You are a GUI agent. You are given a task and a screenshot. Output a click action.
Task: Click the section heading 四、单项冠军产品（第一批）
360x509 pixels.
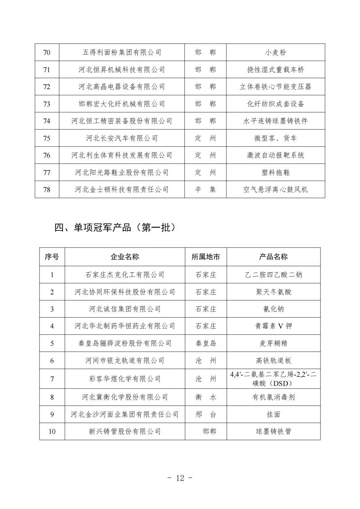click(x=115, y=228)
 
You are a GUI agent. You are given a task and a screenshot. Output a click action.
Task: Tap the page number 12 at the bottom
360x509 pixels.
click(x=180, y=478)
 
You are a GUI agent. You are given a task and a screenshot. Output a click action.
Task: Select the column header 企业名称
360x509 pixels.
click(x=125, y=257)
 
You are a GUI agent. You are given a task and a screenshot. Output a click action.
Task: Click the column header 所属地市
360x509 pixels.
click(x=206, y=257)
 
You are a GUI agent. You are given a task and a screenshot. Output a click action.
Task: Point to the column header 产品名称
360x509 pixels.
click(x=273, y=257)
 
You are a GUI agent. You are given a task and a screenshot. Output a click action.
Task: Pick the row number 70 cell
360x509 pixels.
click(x=47, y=53)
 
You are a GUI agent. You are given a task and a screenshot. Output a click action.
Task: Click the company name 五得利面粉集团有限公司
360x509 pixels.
click(x=122, y=53)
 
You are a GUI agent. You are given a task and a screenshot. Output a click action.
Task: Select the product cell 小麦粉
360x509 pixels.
click(x=275, y=53)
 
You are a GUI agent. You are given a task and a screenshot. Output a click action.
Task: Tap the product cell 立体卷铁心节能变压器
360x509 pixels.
click(x=275, y=87)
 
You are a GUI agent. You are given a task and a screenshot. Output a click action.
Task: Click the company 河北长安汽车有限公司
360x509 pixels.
click(x=122, y=138)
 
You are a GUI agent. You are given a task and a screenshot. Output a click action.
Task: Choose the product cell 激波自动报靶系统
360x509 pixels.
click(x=275, y=155)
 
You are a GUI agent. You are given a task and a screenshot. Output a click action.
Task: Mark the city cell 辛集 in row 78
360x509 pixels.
click(x=205, y=190)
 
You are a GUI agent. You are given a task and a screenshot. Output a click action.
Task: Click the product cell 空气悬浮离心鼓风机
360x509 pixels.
click(x=275, y=190)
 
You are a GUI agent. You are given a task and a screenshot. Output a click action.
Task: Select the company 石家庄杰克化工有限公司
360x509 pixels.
click(x=125, y=275)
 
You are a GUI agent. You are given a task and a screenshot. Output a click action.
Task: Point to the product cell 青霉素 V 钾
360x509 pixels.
click(x=273, y=326)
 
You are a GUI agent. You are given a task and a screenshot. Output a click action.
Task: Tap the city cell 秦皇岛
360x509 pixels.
click(x=206, y=343)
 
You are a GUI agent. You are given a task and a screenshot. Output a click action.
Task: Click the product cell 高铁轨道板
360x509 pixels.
click(x=273, y=361)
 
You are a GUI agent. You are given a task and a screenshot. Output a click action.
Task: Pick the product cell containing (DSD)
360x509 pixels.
click(x=273, y=379)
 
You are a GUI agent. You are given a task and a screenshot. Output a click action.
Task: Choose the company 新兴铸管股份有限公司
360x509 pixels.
click(x=125, y=432)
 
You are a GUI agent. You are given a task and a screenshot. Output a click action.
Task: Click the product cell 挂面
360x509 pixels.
click(x=273, y=415)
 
